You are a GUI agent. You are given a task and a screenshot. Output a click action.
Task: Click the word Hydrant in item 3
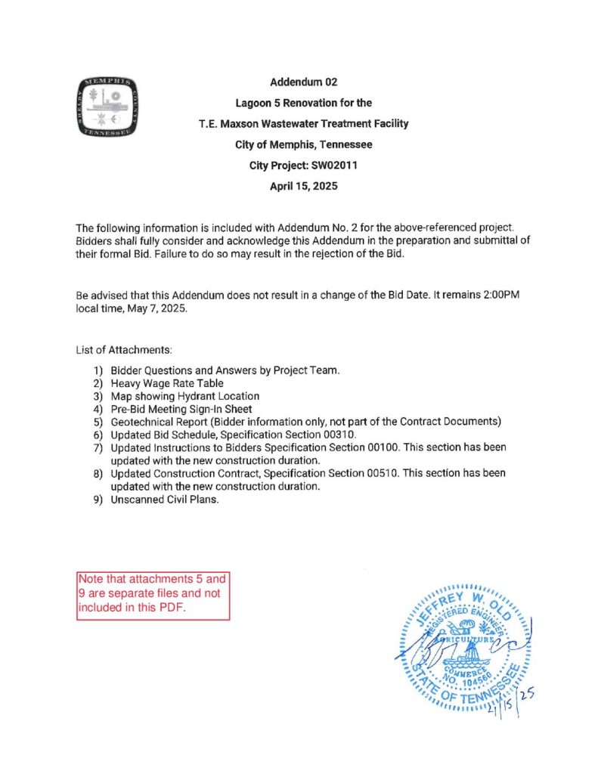point(198,396)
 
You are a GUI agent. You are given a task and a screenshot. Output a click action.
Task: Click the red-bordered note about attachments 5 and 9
point(153,596)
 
